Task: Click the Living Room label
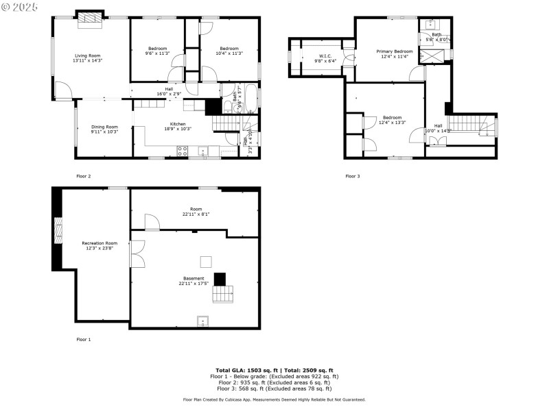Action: (x=87, y=55)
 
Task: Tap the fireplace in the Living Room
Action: (x=89, y=18)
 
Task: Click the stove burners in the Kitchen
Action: (x=183, y=151)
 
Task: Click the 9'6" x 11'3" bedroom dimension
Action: (x=158, y=53)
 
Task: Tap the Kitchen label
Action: (x=178, y=124)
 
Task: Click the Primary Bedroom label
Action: (x=395, y=51)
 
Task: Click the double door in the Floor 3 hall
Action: (x=436, y=140)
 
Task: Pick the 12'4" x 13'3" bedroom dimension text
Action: (x=392, y=123)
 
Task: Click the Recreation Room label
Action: (x=100, y=243)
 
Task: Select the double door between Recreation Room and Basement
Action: (x=137, y=253)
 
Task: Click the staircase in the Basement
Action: (x=221, y=296)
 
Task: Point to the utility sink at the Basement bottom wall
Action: (x=203, y=321)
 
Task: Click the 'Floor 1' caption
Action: (x=83, y=339)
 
